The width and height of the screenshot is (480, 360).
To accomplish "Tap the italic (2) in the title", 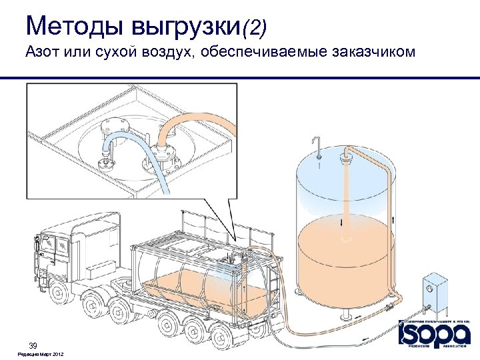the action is pyautogui.click(x=254, y=27).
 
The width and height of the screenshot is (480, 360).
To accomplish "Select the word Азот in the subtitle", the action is pyautogui.click(x=44, y=53).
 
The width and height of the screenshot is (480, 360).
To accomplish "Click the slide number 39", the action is pyautogui.click(x=32, y=345).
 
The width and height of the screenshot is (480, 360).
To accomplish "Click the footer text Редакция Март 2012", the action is pyautogui.click(x=41, y=353).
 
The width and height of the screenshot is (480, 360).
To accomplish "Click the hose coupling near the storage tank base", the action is pyautogui.click(x=388, y=308).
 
